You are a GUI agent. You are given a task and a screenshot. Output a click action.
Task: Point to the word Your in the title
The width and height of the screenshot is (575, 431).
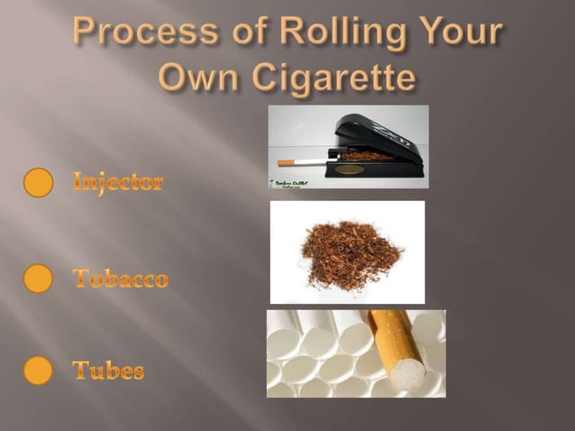[x=456, y=33]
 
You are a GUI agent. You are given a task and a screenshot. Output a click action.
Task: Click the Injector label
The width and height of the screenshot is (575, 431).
[x=118, y=183]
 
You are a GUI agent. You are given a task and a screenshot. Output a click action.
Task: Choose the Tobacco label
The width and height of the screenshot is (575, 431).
[x=120, y=279]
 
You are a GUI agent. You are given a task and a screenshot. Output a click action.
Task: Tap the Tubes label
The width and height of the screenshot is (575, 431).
[x=108, y=371]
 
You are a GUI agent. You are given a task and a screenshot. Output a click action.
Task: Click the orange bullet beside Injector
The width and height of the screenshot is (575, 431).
[x=39, y=183]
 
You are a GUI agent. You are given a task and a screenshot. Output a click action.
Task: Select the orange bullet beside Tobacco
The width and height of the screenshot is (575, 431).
[x=39, y=279]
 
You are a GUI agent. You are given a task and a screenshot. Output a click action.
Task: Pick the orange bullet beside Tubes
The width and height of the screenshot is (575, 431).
[x=39, y=371]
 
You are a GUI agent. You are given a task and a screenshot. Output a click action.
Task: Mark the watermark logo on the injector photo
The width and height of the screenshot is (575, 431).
[x=290, y=182]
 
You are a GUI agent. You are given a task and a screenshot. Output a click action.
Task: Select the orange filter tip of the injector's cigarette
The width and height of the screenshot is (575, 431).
[x=285, y=163]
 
